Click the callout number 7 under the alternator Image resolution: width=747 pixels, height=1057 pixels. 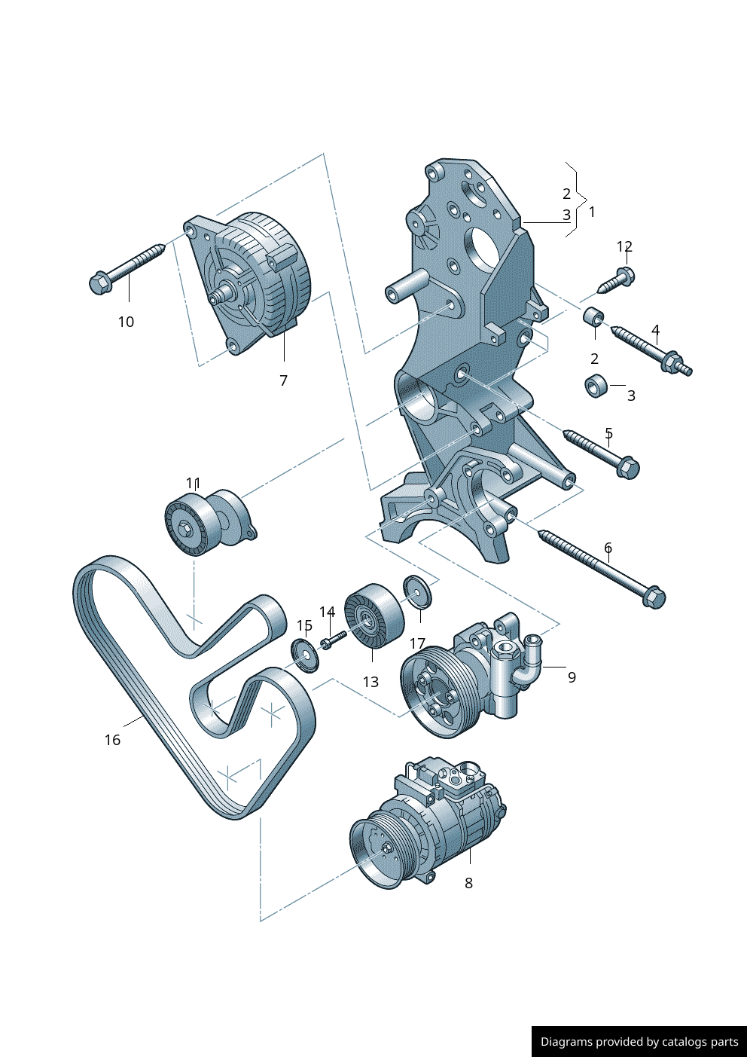click(283, 380)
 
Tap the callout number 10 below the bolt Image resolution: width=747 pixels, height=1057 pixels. click(126, 322)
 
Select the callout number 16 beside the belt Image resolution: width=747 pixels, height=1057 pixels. click(112, 740)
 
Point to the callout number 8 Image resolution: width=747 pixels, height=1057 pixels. click(468, 883)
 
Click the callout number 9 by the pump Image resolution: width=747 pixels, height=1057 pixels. click(572, 677)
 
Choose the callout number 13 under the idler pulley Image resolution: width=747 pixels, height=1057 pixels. click(370, 682)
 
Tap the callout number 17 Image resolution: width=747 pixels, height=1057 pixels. click(417, 643)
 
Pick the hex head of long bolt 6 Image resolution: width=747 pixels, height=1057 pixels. click(654, 597)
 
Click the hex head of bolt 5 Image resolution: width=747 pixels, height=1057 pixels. click(628, 468)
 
